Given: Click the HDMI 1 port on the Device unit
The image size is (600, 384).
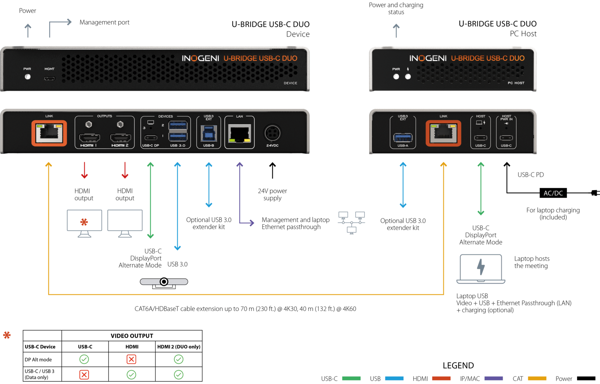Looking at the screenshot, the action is tap(89, 137).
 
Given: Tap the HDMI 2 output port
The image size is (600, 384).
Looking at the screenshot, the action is tap(120, 137).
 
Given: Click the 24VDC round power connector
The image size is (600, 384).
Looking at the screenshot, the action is tap(273, 133).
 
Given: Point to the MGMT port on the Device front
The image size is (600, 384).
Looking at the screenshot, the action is tap(49, 79).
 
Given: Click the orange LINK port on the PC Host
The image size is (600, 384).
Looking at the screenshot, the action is tap(443, 133).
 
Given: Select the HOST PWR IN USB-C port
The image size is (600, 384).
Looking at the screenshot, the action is tap(506, 138).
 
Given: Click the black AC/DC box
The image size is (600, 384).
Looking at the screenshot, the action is tap(553, 193).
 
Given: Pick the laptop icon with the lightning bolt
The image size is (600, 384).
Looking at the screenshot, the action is tap(481, 269).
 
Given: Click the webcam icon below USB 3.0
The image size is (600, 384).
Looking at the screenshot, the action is tap(164, 283).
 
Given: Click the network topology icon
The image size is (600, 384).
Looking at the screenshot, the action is tap(351, 222).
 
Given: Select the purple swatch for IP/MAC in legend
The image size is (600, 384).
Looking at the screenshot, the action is tap(494, 378).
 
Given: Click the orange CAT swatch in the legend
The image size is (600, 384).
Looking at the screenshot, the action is tap(537, 378).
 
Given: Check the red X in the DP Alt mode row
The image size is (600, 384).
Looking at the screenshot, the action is tap(131, 359).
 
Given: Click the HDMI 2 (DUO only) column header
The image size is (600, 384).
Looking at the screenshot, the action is tap(179, 347).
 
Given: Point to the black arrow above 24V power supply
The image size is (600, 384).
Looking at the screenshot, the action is tap(273, 170).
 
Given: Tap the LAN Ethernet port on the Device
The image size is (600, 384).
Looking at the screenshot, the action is tap(240, 134).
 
